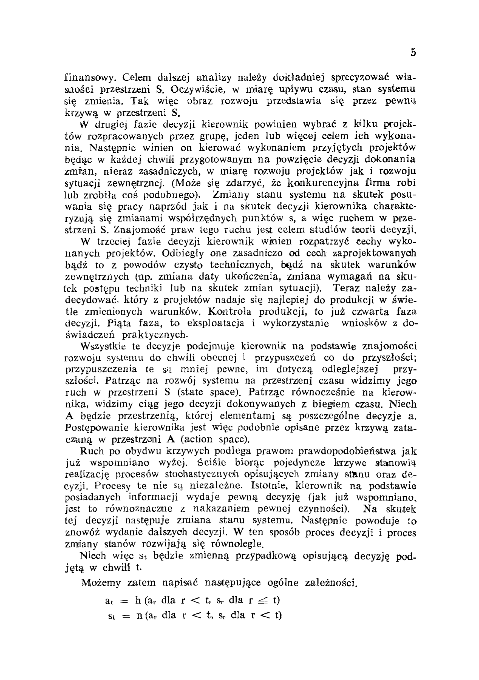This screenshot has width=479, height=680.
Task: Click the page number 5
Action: [x=413, y=53]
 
